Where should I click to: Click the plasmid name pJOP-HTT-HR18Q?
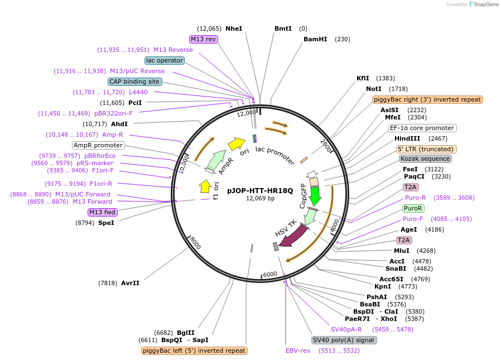(260, 190)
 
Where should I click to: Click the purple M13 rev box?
(203, 39)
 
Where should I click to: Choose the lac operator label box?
(164, 60)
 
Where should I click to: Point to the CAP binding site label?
(134, 81)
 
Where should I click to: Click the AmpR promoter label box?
(98, 145)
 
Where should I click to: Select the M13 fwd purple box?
(102, 212)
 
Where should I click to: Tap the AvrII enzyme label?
(130, 283)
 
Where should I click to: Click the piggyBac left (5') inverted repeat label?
(194, 351)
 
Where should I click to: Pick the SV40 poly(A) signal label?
(344, 340)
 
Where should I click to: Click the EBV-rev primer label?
(297, 351)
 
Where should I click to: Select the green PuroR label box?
(413, 208)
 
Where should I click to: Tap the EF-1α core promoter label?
(422, 128)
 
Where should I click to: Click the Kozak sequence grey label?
(425, 159)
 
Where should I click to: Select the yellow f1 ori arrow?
(205, 186)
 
